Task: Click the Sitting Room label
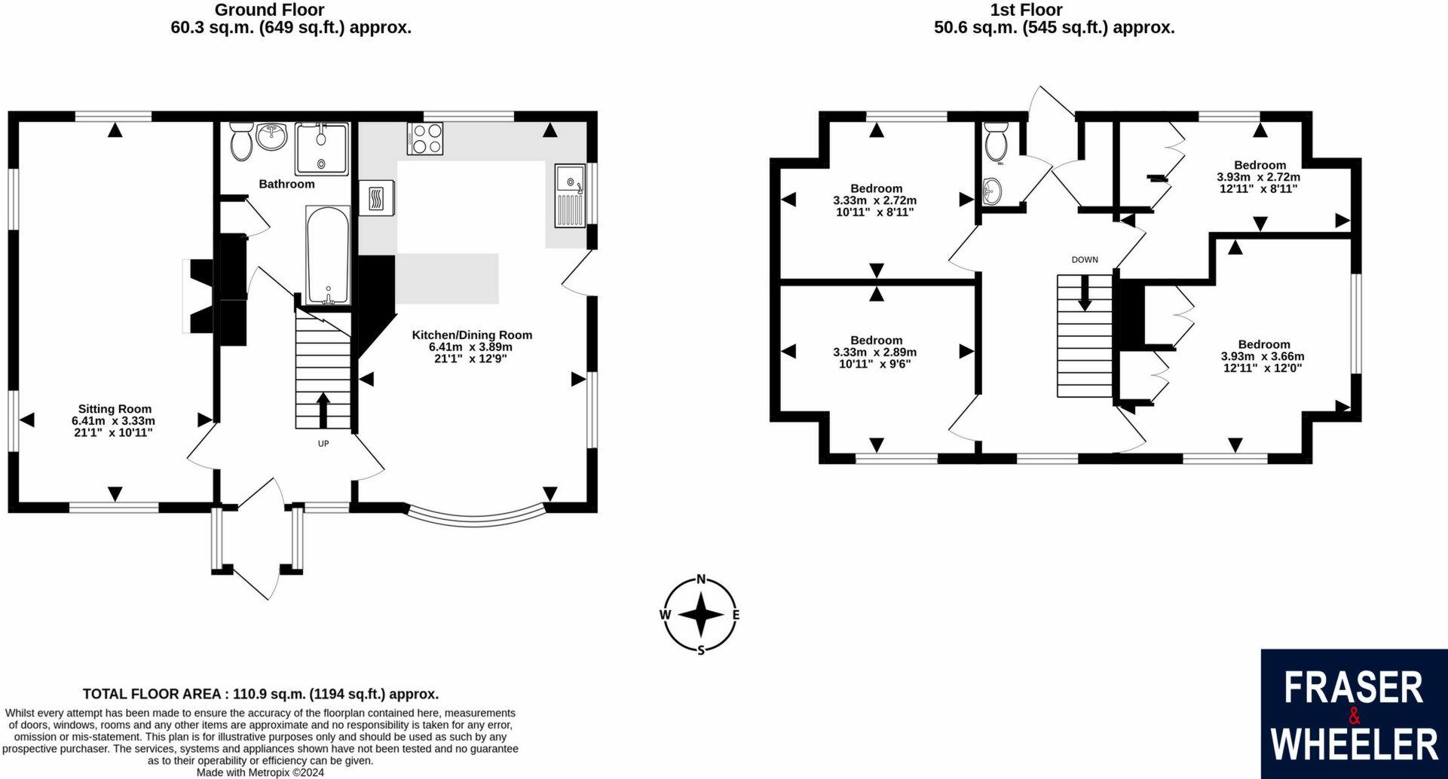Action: click(115, 409)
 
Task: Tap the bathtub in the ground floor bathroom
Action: click(327, 255)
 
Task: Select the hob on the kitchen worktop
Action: click(425, 139)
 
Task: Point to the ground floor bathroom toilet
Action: click(242, 142)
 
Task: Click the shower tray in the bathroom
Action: click(322, 149)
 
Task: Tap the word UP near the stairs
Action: click(323, 444)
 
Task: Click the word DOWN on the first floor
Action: click(1085, 260)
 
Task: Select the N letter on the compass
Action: click(701, 579)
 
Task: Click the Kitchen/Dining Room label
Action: click(472, 335)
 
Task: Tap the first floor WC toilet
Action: click(996, 144)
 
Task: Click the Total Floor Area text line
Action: click(260, 694)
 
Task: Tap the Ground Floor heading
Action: click(269, 10)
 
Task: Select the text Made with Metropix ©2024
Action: click(260, 772)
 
